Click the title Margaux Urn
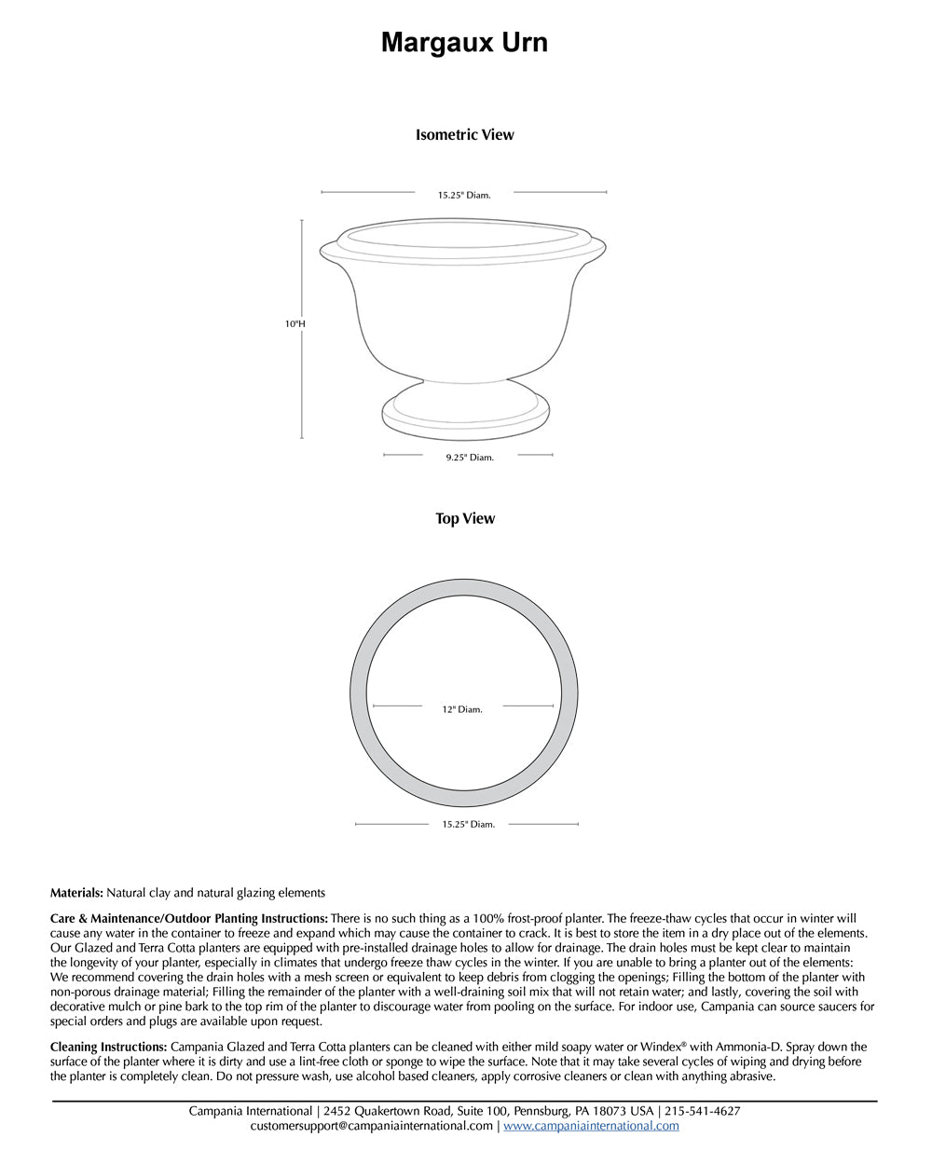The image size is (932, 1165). pos(464,43)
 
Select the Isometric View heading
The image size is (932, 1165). pos(464,134)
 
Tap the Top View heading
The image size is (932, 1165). pos(465,518)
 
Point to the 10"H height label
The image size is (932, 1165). pos(295,324)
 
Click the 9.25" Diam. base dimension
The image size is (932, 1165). pos(469,458)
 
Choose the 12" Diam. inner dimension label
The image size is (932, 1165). pos(462,709)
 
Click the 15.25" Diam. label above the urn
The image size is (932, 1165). pos(464,195)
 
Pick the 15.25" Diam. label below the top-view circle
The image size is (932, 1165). pos(469,824)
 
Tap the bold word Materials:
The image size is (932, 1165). pos(76,893)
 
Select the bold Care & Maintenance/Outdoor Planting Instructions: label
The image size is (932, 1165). pos(188,918)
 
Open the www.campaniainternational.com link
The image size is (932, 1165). pos(591,1126)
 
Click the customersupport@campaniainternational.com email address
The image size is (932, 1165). pos(371,1126)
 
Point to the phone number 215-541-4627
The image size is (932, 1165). pos(703,1111)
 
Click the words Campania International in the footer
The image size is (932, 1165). pos(250,1111)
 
